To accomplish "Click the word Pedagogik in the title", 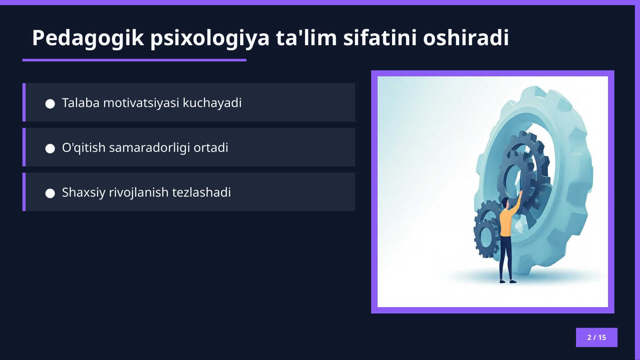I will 88,38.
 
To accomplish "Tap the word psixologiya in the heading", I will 209,38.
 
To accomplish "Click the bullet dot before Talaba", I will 50,104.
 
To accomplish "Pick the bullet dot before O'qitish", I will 50,148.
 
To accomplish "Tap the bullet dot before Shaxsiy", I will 50,193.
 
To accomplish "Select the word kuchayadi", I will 212,103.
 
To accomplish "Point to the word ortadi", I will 211,148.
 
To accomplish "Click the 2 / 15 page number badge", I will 596,337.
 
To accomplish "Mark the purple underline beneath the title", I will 134,60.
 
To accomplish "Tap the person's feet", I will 508,281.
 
